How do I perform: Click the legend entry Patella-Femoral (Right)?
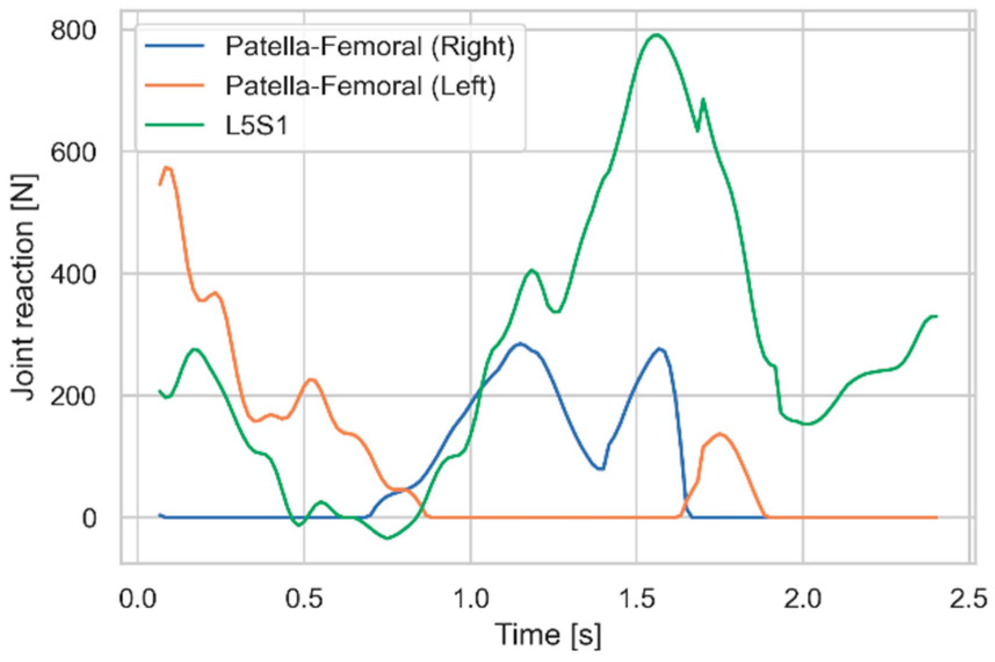tap(370, 46)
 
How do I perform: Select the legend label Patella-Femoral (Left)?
tap(360, 86)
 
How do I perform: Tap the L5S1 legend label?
tap(256, 125)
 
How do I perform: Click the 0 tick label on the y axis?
tap(89, 518)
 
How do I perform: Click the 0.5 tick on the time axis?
tap(304, 598)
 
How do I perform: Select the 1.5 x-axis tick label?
tap(637, 598)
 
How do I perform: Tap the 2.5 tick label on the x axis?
tap(969, 598)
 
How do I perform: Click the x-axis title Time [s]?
tap(548, 634)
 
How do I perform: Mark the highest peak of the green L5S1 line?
tap(656, 35)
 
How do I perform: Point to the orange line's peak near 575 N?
tap(167, 168)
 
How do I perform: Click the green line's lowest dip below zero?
tap(387, 538)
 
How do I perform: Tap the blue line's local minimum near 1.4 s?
tap(602, 469)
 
